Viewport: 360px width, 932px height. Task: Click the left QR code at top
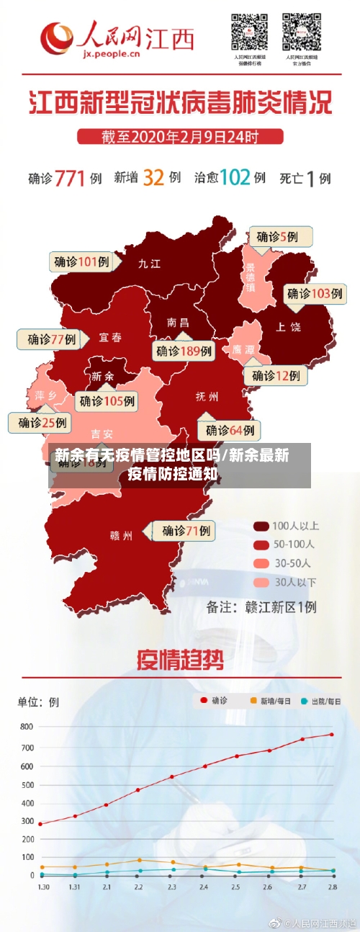point(248,32)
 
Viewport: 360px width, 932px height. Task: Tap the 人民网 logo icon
point(58,37)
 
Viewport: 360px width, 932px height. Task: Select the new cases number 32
point(153,177)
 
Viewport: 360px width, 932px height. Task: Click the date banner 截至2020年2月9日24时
point(179,135)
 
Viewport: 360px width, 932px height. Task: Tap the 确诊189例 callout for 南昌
point(184,351)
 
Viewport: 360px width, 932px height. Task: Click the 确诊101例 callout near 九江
point(81,262)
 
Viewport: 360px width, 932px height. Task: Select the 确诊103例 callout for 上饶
point(315,293)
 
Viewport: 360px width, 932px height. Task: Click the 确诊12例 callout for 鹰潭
point(276,375)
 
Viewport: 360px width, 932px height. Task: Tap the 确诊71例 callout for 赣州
point(183,532)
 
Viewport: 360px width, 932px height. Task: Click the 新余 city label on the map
point(102,375)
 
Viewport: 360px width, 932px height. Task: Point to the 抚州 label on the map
point(207,396)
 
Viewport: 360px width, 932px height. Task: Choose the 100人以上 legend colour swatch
point(261,525)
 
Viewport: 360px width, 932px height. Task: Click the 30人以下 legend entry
point(284,581)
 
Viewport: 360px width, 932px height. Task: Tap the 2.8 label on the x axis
point(332,887)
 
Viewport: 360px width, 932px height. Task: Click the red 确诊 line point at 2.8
point(332,735)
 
